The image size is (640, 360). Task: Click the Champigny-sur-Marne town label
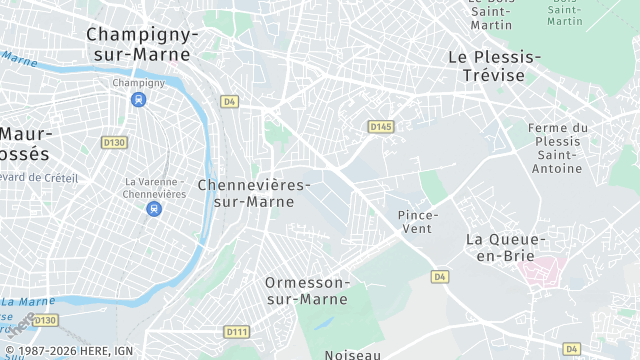coord(142,44)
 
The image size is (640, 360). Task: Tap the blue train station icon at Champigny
coord(137,100)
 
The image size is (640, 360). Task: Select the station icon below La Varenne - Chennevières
coord(153,208)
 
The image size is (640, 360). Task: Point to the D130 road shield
coord(115,143)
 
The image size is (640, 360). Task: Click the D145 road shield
coord(380,127)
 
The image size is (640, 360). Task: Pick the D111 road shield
coord(236,331)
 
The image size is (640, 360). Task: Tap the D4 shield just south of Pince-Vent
coord(439,275)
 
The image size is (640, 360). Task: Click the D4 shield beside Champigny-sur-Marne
coord(229,101)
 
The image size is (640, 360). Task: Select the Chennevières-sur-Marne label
coord(254,193)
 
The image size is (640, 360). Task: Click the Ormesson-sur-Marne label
coord(307,290)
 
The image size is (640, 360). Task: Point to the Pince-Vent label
coord(415,221)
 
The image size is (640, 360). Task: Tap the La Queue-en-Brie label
coord(505,247)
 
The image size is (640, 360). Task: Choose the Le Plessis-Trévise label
coord(494,66)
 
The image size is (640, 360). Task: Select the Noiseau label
coord(352,354)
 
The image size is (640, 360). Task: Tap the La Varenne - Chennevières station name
coord(155,187)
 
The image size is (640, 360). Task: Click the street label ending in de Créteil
coord(40,177)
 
